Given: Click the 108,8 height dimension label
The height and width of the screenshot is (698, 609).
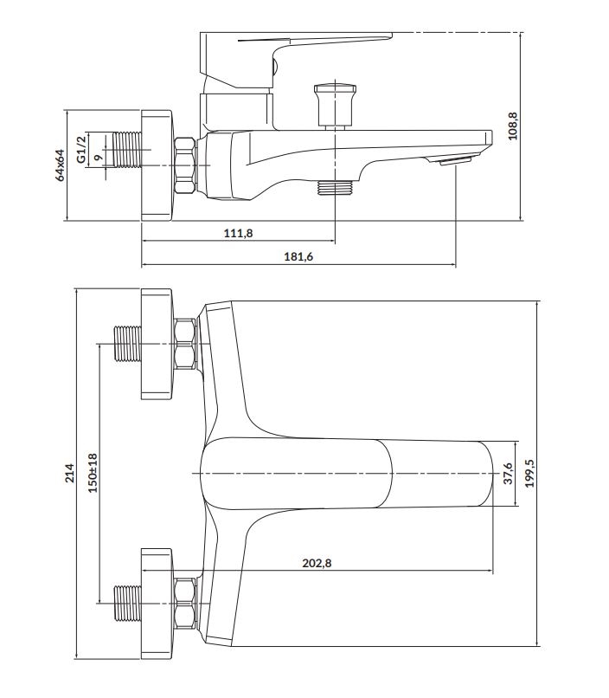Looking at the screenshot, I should tap(513, 126).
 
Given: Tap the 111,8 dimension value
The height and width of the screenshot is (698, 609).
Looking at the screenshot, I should tap(238, 233).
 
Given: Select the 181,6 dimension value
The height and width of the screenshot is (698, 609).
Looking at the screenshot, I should tap(298, 256).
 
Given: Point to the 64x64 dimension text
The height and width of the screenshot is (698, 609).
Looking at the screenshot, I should tap(60, 165).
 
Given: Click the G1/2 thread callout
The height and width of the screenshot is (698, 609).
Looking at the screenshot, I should tap(80, 147).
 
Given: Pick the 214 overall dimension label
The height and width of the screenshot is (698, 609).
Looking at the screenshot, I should tap(71, 474).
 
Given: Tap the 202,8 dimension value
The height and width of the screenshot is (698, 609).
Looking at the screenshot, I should tap(317, 563).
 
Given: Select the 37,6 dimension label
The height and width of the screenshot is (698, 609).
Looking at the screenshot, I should tap(509, 473).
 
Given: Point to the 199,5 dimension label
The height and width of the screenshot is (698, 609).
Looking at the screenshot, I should tap(529, 473).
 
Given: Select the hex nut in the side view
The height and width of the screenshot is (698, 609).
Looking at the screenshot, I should tap(185, 164).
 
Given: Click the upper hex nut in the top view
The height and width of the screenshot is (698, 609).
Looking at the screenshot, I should tap(185, 344).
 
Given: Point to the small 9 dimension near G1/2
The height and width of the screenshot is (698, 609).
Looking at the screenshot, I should tap(97, 158).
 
